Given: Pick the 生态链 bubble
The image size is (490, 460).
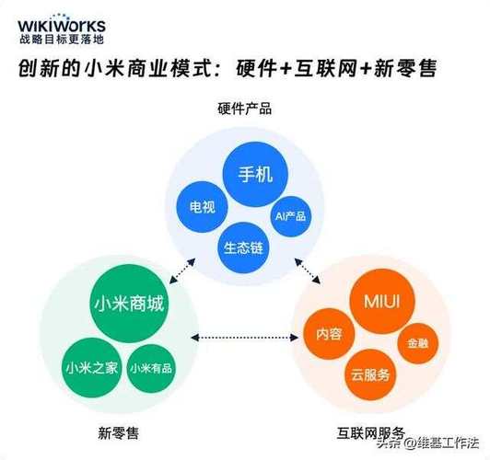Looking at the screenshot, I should coord(243,247).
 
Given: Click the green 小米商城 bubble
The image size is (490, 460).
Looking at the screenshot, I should coord(129,304).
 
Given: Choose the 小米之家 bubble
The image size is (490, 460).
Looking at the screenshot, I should coord(90,366).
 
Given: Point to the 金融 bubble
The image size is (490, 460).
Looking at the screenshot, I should coord(411,343).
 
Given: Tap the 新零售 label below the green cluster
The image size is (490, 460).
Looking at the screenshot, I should coord(121,431).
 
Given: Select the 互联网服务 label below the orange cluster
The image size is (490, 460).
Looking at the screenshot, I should coord(368,431).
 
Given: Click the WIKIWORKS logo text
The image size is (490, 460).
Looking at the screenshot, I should coord(62,25).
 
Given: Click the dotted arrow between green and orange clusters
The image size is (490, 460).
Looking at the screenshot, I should coord(244,337).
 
